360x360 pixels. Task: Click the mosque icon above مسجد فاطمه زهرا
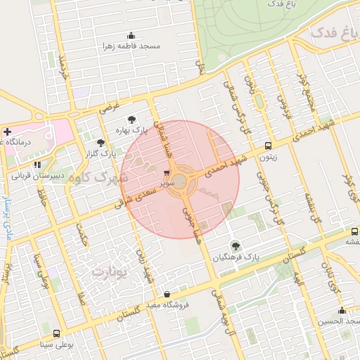pos(131,36)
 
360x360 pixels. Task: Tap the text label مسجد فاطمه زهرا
pos(131,46)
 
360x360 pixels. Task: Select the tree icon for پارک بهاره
pos(131,120)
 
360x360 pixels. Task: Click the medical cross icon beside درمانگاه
pos(7,131)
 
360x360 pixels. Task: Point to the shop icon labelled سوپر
pos(167,172)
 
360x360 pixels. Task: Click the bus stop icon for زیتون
pos(268,146)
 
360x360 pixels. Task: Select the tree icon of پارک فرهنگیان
pos(235,246)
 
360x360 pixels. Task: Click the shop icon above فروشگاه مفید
pos(166,295)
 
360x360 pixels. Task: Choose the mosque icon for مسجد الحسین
pos(342,311)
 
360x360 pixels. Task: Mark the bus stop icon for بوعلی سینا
pos(56,334)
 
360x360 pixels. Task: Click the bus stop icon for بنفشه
pos(354,231)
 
